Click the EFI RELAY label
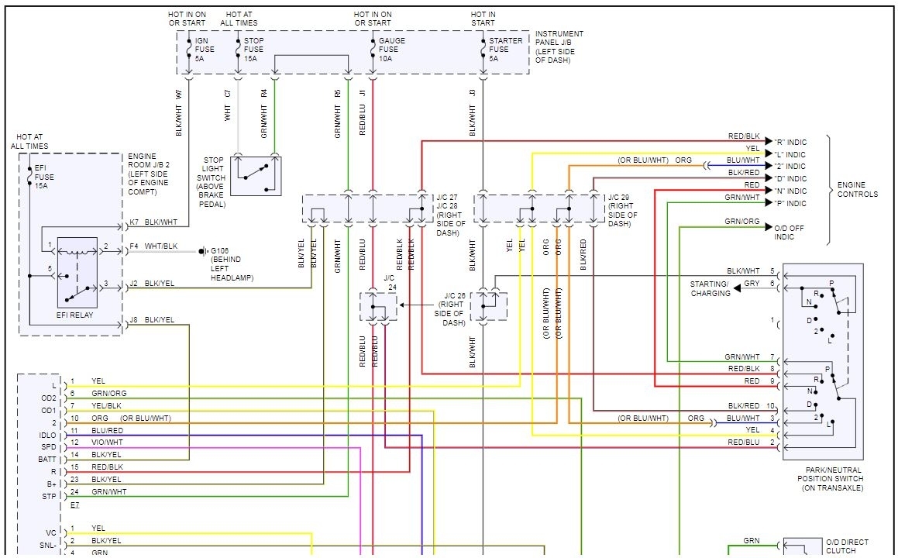tap(76, 315)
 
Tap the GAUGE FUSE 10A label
tap(391, 49)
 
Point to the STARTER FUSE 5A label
tap(499, 49)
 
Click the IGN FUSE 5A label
tap(201, 49)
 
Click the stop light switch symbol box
tap(256, 175)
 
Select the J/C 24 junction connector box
tap(378, 307)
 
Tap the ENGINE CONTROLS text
tap(858, 190)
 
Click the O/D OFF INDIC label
tap(790, 232)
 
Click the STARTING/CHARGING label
tap(710, 288)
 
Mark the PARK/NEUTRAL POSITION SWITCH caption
tap(833, 479)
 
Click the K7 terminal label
tap(134, 222)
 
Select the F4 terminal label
tap(134, 246)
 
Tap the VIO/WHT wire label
tap(107, 442)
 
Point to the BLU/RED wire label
tap(107, 430)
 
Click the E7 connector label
tap(74, 505)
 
